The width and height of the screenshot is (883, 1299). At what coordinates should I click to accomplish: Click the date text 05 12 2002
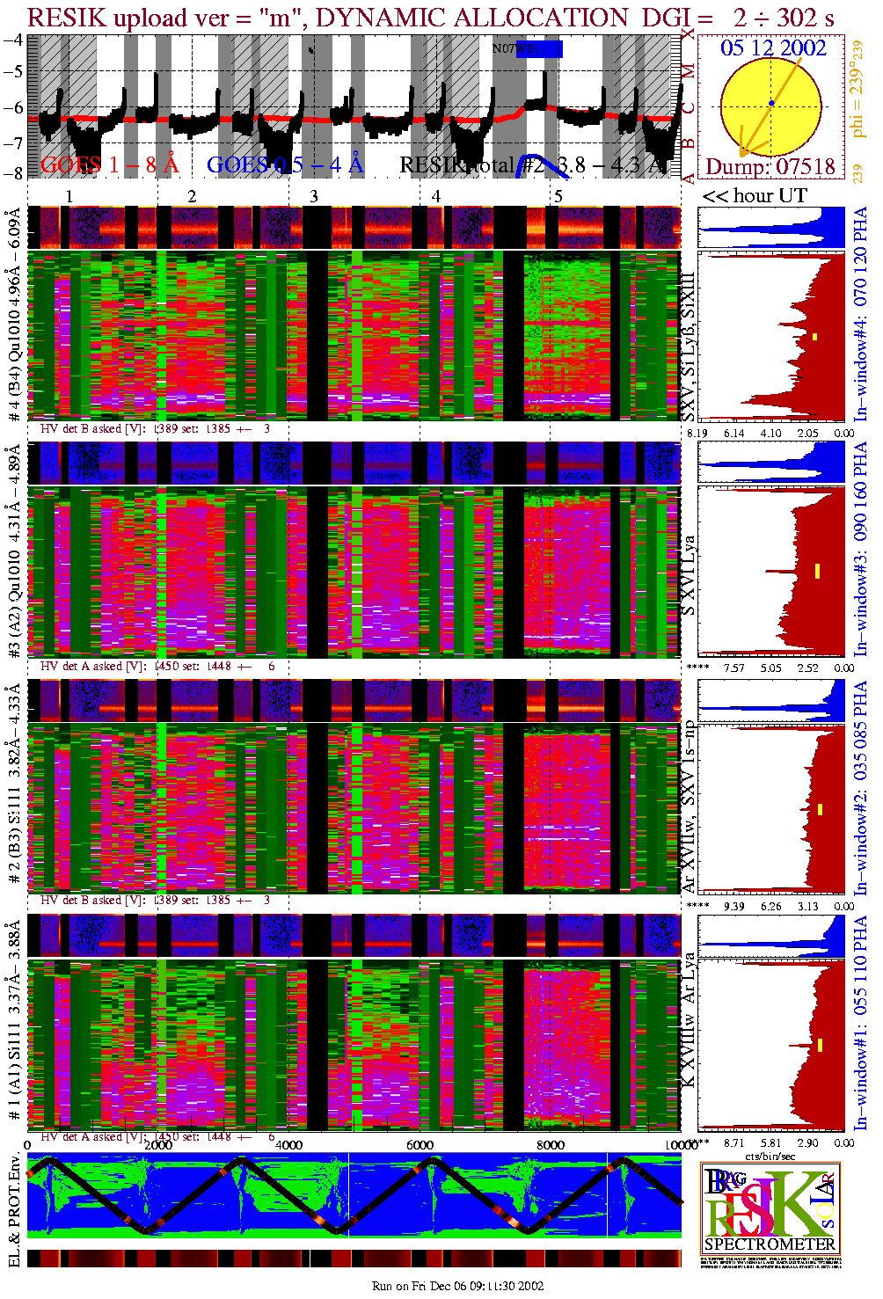pos(773,47)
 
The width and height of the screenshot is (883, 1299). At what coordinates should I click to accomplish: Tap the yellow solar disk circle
pos(771,106)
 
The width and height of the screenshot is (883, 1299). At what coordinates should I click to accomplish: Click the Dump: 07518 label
pos(770,166)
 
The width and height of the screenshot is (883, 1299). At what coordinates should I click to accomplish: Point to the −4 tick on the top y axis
pos(13,40)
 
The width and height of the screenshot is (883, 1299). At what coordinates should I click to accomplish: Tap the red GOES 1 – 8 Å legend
pos(109,164)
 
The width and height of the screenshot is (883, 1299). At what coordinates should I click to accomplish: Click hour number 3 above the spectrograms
pos(314,196)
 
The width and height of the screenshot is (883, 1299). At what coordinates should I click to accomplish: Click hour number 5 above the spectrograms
pos(558,196)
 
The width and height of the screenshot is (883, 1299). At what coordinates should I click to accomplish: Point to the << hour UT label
pos(754,195)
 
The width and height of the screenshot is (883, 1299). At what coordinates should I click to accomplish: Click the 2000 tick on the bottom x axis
pos(158,1144)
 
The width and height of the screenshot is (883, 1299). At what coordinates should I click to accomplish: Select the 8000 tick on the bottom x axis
pos(551,1144)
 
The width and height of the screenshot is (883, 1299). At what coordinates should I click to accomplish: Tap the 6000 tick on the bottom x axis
pos(420,1144)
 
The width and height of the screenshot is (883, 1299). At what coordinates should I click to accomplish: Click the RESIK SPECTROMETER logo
pos(770,1209)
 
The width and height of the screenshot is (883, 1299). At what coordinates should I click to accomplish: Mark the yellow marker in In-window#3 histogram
pos(817,571)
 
